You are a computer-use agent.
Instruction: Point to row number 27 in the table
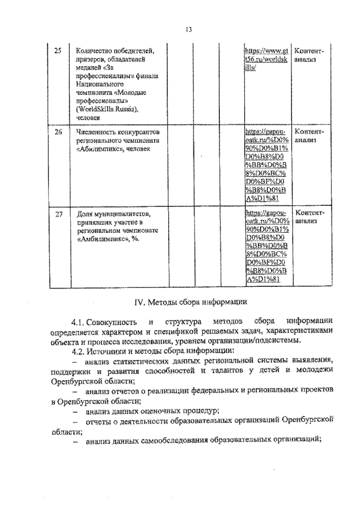point(57,214)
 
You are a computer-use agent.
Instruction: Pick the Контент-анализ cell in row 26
point(309,135)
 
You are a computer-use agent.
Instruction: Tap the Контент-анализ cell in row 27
point(309,218)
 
